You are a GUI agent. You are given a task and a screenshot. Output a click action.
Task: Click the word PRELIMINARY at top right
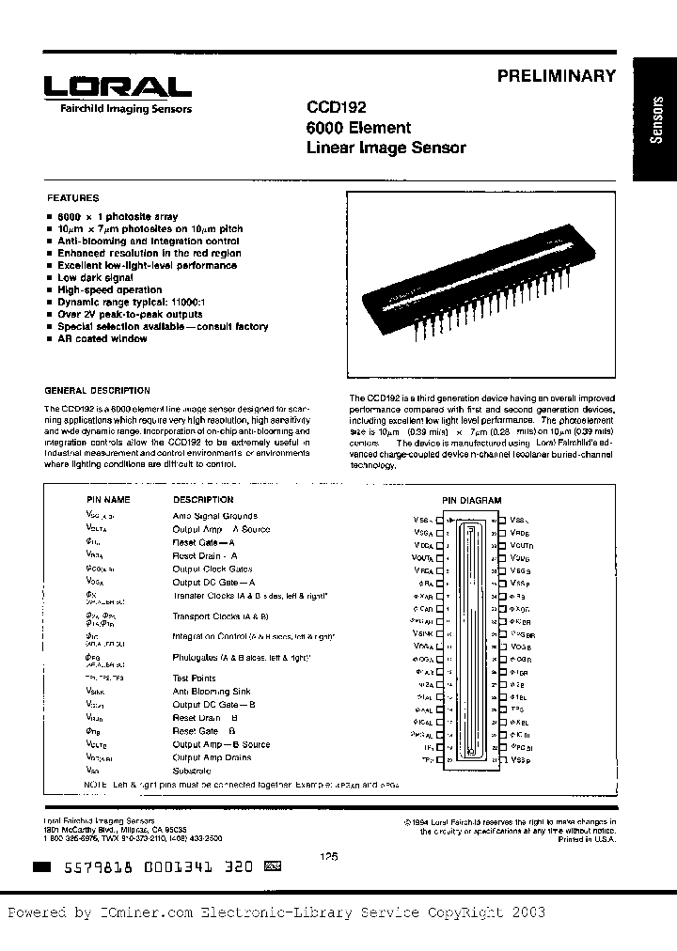[x=556, y=76]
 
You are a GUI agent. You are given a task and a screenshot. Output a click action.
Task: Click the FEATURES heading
[x=73, y=198]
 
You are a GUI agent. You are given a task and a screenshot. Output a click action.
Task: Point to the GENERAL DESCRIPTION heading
[x=98, y=390]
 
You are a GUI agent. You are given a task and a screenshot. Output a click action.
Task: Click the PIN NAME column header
[x=108, y=500]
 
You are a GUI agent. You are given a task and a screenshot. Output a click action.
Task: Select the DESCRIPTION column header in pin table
[x=203, y=500]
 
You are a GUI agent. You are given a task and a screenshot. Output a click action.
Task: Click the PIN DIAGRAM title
[x=472, y=501]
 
